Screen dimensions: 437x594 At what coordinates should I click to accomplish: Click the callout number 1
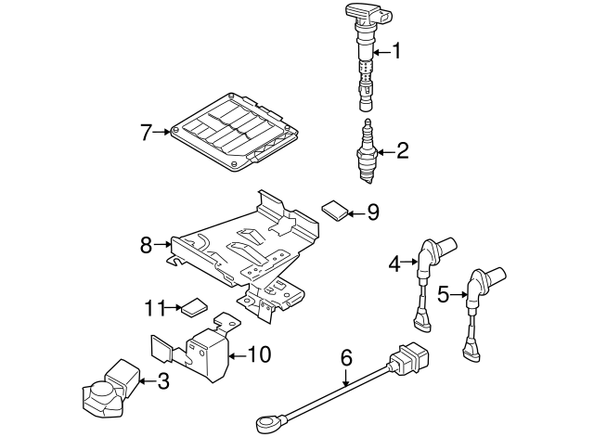(397, 52)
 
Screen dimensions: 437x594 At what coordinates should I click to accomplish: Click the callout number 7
(145, 133)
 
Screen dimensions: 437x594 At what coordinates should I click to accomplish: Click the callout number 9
(372, 212)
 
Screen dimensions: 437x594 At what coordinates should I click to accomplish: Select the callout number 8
(145, 245)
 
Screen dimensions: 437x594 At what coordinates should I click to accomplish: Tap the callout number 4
(394, 264)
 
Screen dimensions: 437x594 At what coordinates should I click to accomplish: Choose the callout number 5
(443, 295)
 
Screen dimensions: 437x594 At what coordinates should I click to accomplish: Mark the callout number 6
(346, 356)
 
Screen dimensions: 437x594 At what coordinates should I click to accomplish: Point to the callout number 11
(155, 305)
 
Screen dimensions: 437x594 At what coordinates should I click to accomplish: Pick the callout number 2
(402, 150)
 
